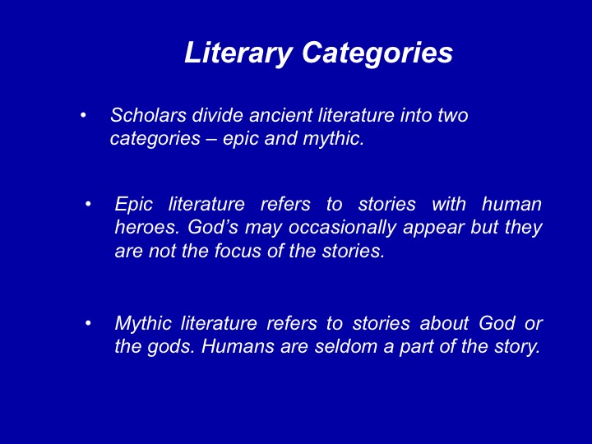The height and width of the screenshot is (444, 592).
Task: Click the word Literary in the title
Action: click(238, 53)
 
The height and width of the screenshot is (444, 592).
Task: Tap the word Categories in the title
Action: click(377, 53)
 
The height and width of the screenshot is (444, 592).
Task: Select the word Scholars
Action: click(148, 115)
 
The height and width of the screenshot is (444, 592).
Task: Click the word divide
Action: click(217, 115)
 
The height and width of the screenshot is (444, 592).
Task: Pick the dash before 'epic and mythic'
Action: click(211, 139)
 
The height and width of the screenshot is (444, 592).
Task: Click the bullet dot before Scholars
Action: click(83, 115)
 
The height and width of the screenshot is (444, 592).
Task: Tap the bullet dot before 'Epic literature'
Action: click(88, 204)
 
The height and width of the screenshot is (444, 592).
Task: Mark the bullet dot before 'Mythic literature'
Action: click(88, 323)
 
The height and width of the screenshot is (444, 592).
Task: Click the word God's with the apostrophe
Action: click(213, 227)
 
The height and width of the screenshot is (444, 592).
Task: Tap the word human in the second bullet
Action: click(511, 204)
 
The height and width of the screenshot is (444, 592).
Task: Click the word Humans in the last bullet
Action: click(238, 347)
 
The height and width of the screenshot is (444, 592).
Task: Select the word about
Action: click(444, 323)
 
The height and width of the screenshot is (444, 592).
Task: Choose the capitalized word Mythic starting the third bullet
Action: click(143, 324)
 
